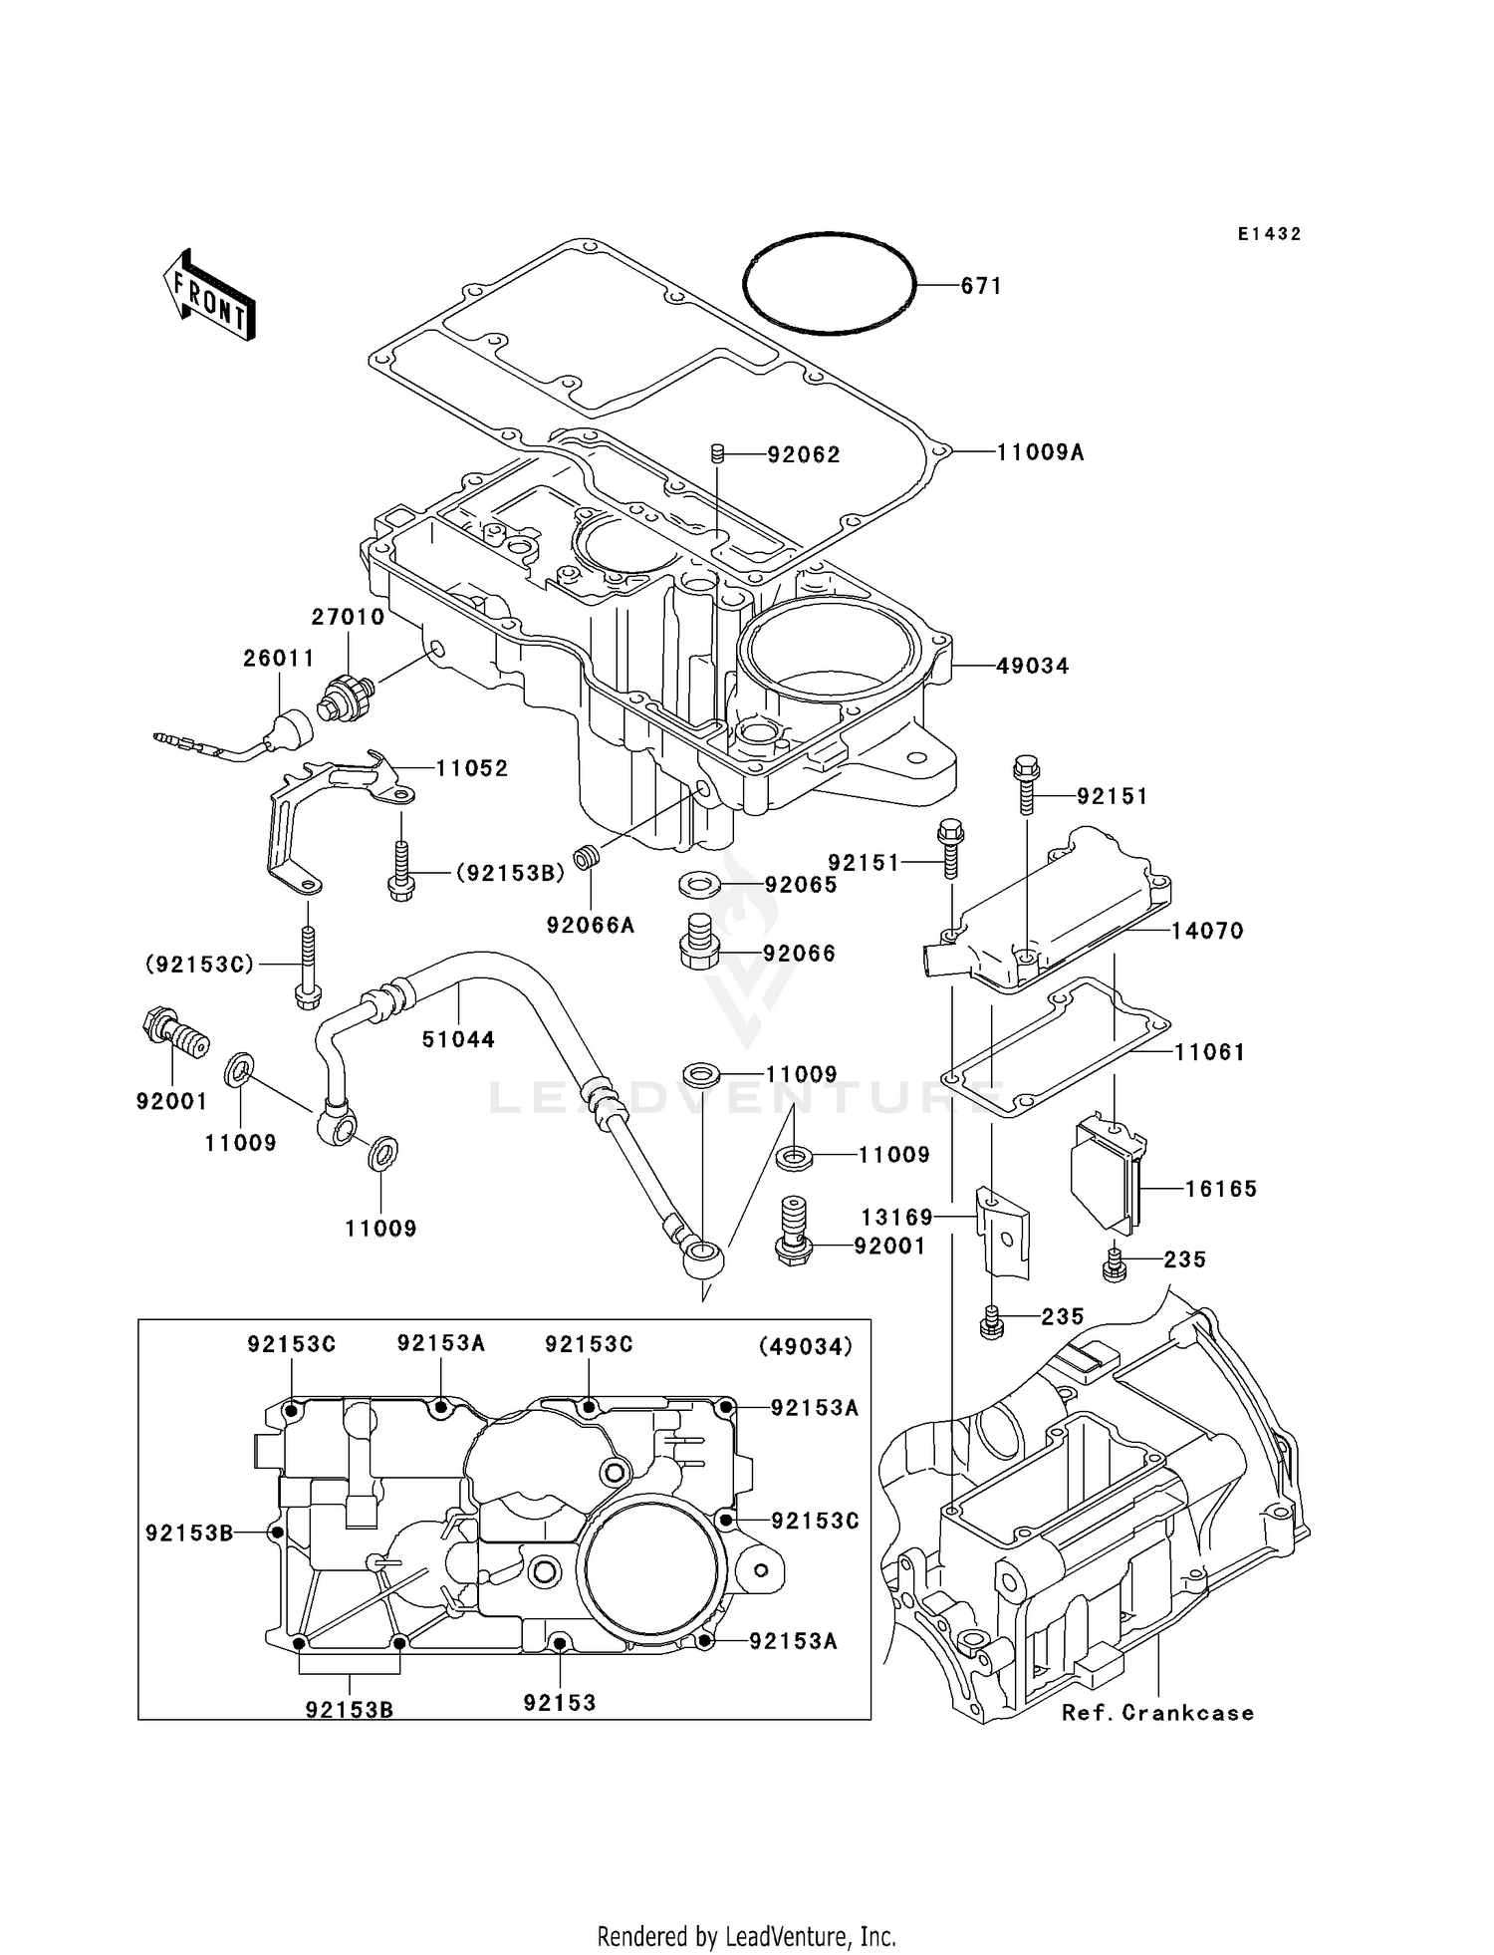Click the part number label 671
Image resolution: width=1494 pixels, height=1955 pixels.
pyautogui.click(x=981, y=286)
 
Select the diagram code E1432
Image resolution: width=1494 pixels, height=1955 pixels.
pyautogui.click(x=1270, y=234)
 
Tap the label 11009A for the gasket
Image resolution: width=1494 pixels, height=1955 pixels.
pyautogui.click(x=1041, y=452)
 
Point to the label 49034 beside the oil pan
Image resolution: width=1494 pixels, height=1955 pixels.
pyautogui.click(x=1033, y=666)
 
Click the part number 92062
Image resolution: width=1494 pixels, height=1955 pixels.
pyautogui.click(x=804, y=454)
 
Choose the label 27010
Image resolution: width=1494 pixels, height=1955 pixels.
pyautogui.click(x=348, y=617)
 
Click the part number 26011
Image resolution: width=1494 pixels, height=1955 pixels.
pyautogui.click(x=279, y=659)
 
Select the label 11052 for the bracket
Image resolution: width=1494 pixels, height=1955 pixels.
pyautogui.click(x=472, y=768)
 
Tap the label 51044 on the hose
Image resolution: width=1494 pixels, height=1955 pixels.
pyautogui.click(x=458, y=1039)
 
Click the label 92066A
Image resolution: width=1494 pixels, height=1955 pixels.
pyautogui.click(x=591, y=926)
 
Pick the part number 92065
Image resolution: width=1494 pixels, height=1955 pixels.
pyautogui.click(x=801, y=885)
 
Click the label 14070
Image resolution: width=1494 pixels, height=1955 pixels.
pyautogui.click(x=1207, y=931)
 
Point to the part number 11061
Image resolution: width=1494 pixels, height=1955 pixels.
pyautogui.click(x=1210, y=1052)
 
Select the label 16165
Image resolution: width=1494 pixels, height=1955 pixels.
pyautogui.click(x=1221, y=1189)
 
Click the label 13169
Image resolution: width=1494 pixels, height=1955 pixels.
pyautogui.click(x=897, y=1218)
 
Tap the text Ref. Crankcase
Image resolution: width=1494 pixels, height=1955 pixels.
pyautogui.click(x=1157, y=1713)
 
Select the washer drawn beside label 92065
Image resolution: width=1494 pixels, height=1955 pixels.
pyautogui.click(x=702, y=883)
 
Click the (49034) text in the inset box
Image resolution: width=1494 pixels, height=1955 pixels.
pyautogui.click(x=806, y=1346)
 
